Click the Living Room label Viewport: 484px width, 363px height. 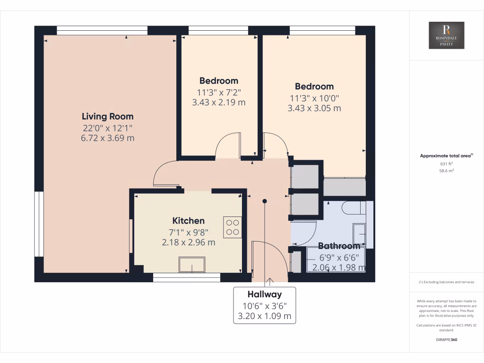tap(108, 116)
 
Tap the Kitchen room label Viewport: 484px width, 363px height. tap(189, 221)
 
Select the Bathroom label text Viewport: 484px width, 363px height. tap(339, 246)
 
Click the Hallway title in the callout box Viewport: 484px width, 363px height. tap(265, 294)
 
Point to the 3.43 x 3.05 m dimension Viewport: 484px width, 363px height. tap(314, 108)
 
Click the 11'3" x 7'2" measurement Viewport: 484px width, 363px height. tap(219, 92)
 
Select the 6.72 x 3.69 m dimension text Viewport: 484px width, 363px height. tap(108, 138)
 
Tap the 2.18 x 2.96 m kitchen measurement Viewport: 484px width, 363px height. tap(189, 242)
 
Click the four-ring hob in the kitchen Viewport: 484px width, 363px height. tap(232, 226)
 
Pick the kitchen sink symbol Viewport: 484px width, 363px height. tap(192, 265)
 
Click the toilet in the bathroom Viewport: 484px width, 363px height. tap(353, 207)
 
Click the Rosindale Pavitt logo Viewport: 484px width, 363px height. tap(446, 35)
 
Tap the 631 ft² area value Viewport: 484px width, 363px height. tap(446, 164)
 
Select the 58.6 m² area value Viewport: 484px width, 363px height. tap(446, 171)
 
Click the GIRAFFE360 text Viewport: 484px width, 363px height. tap(446, 339)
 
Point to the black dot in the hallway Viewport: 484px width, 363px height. tap(265, 201)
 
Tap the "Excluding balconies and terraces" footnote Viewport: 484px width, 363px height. tap(446, 282)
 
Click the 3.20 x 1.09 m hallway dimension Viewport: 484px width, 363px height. tap(265, 316)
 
